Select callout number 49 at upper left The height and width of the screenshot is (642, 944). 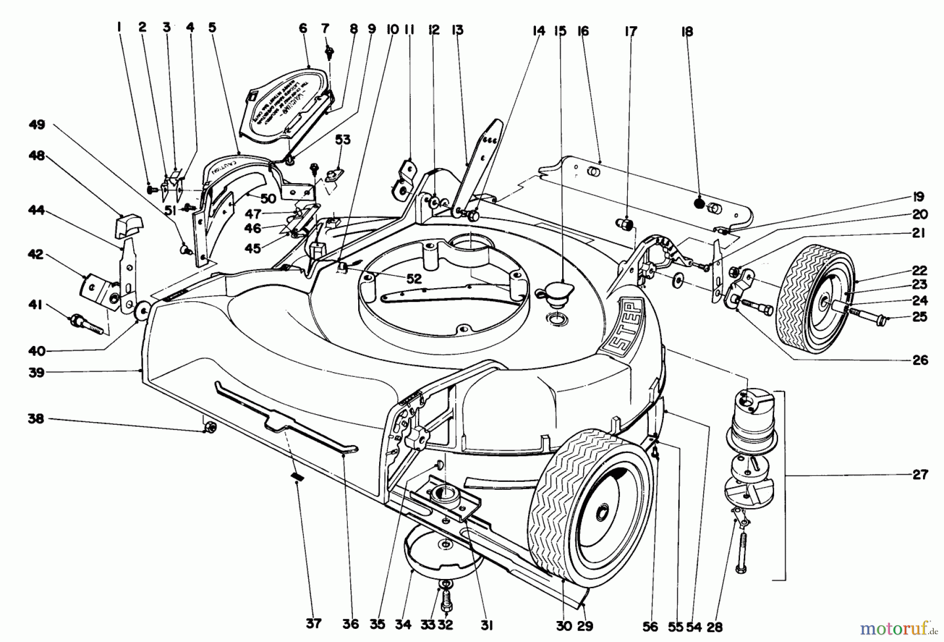37,125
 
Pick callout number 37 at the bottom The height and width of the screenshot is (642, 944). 313,624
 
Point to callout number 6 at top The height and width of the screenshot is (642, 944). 303,29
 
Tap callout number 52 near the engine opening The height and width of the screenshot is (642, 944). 414,279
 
